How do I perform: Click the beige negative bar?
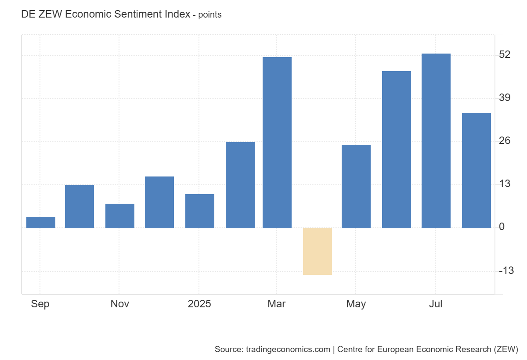tap(318, 251)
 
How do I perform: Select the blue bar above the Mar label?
tap(277, 143)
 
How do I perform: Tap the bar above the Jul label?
tap(436, 140)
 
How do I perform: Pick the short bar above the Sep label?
tap(41, 223)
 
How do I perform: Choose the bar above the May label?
tap(356, 186)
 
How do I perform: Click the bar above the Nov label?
tap(120, 216)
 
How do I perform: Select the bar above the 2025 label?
tap(200, 211)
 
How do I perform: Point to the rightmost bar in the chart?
tap(476, 171)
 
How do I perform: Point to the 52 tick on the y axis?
tap(505, 55)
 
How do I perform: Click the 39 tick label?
tap(505, 98)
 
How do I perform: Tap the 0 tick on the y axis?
tap(502, 227)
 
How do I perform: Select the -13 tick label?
tap(506, 270)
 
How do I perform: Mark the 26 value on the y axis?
tap(505, 141)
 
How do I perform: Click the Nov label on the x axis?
tap(120, 304)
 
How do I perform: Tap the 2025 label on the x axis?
tap(199, 304)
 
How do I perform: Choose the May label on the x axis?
tap(356, 304)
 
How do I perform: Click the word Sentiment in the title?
tap(136, 14)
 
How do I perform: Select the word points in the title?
tap(210, 15)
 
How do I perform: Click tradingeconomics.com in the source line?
tap(288, 349)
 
